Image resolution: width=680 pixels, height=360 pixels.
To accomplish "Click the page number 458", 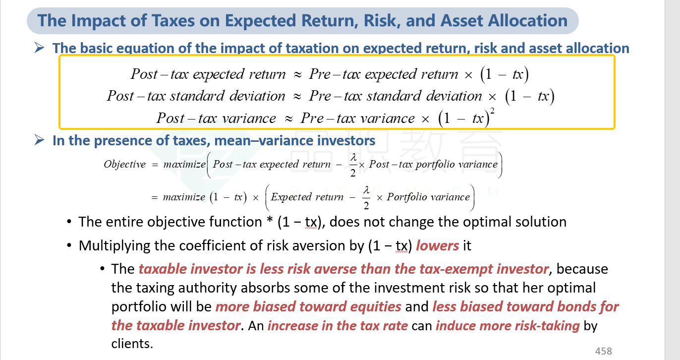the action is click(603, 351).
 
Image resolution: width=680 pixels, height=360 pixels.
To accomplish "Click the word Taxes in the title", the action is click(173, 21).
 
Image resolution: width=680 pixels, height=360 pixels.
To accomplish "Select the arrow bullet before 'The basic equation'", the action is click(40, 48).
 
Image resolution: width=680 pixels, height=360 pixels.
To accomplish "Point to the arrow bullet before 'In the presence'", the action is click(40, 140).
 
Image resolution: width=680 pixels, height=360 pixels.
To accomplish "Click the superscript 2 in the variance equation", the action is click(492, 111).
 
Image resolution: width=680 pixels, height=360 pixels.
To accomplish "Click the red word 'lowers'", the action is click(437, 245).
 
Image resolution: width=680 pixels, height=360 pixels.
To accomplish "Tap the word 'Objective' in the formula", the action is click(125, 164).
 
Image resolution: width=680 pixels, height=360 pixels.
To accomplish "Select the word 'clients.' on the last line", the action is click(132, 344).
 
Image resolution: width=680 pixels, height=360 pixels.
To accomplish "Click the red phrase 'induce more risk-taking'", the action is click(508, 326).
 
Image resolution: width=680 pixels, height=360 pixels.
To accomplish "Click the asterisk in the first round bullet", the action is click(269, 221).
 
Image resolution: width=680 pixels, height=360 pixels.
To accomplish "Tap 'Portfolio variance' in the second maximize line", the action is click(428, 197).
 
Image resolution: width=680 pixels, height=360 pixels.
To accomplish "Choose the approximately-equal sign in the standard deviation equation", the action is click(297, 96).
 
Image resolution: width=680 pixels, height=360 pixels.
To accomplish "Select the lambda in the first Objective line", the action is click(353, 158).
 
